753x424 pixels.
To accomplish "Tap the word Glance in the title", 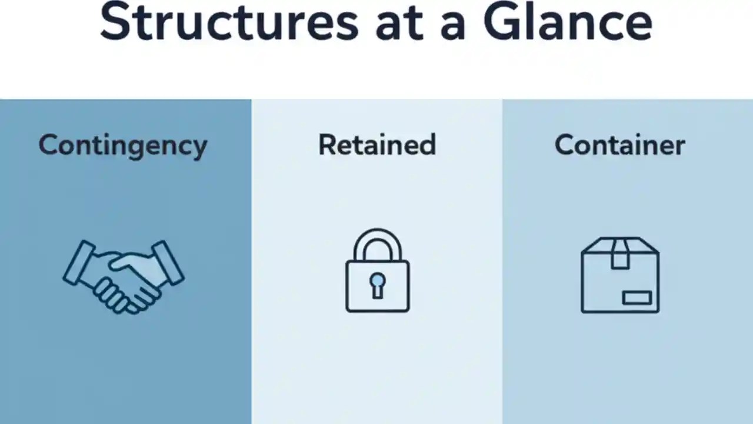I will pos(567,22).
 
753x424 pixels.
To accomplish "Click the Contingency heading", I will pos(123,145).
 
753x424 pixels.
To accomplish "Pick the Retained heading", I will pos(377,145).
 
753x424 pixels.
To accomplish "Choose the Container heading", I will pos(619,145).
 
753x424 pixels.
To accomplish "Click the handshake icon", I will pos(124,276).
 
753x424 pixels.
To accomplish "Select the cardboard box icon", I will pos(620,275).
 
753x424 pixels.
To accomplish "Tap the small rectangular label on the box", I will pos(637,298).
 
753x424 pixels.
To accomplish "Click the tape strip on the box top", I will pos(620,252).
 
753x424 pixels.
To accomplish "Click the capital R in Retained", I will pos(328,145).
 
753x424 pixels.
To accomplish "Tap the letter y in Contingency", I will pos(200,148).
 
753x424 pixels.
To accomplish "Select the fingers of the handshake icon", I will pos(118,294).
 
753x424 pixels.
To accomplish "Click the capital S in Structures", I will pos(115,22).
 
